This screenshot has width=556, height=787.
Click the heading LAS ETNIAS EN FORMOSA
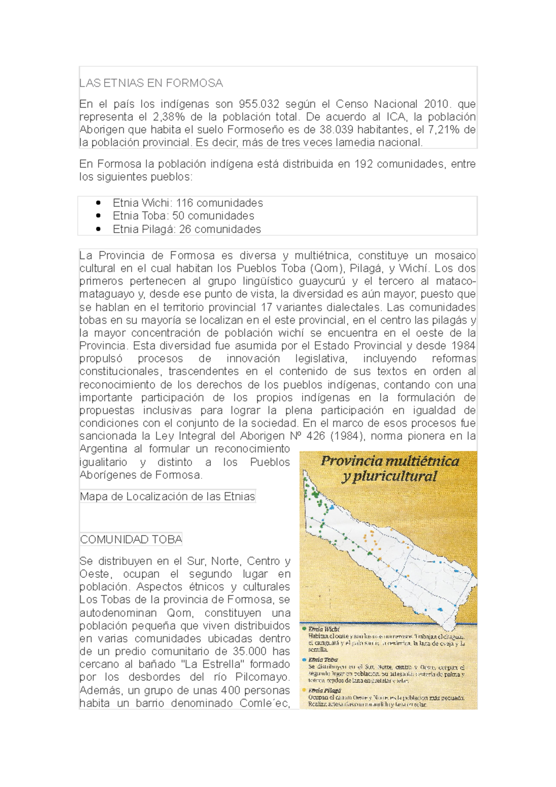151,83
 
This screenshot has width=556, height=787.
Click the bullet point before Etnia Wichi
98,203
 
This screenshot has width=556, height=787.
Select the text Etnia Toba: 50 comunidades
183,216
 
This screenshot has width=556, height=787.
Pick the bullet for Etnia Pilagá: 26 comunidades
98,229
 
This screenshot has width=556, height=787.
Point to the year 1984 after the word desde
463,346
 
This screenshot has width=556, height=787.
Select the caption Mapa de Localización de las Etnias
167,497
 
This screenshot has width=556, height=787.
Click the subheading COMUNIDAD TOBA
131,539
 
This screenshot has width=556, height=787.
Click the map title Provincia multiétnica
390,461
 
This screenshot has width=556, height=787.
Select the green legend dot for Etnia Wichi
304,629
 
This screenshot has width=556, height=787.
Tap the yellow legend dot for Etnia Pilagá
304,690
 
